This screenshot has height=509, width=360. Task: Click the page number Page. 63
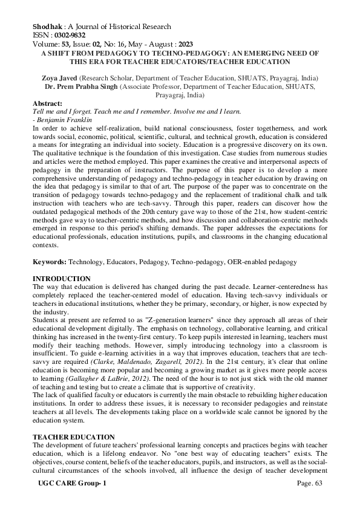coord(312,501)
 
